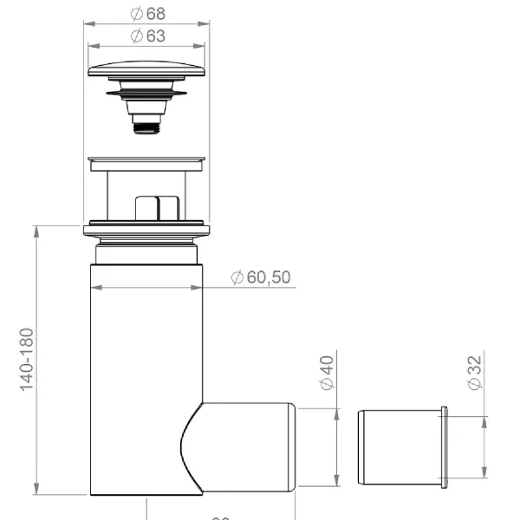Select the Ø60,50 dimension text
click(x=260, y=277)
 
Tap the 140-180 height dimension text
click(x=27, y=359)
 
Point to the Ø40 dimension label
click(x=327, y=373)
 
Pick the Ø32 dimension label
click(x=474, y=373)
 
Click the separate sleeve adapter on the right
click(x=399, y=446)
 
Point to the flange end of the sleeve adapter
click(x=445, y=446)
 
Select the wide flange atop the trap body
click(x=147, y=231)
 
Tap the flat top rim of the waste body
click(x=147, y=160)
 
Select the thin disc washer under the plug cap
click(x=147, y=90)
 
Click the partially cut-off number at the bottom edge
click(x=220, y=517)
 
